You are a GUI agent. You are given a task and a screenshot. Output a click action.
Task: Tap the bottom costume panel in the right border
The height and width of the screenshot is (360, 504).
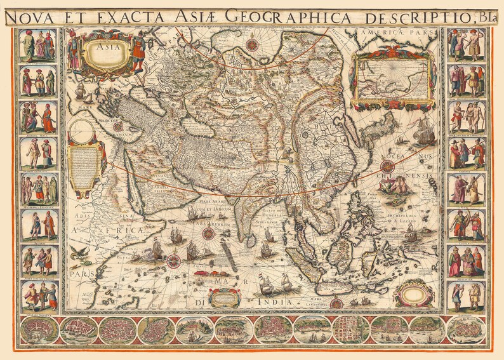click(x=467, y=297)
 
